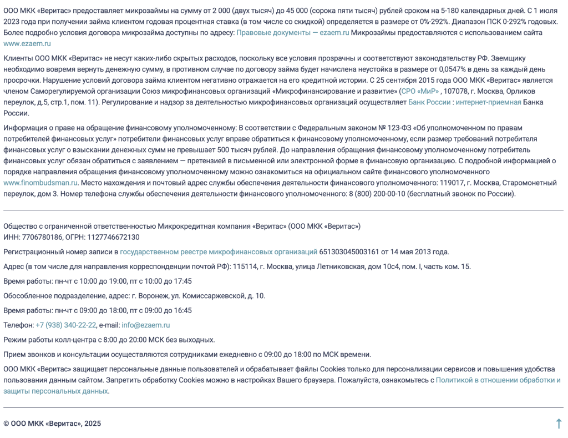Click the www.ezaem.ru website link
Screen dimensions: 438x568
[x=27, y=43]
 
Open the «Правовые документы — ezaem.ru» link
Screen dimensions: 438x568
[x=293, y=33]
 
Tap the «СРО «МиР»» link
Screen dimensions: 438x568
[x=420, y=91]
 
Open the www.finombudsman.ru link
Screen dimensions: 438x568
[x=40, y=183]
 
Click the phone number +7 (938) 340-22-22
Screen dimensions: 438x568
[x=66, y=325]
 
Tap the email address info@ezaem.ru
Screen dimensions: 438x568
[x=146, y=325]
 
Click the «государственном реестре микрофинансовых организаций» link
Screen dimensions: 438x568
[x=219, y=252]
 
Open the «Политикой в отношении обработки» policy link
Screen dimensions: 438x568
[x=498, y=380]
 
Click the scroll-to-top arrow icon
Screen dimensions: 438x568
[x=559, y=424]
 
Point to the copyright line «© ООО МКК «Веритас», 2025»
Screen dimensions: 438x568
[x=52, y=424]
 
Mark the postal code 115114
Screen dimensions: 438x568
[x=245, y=266]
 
